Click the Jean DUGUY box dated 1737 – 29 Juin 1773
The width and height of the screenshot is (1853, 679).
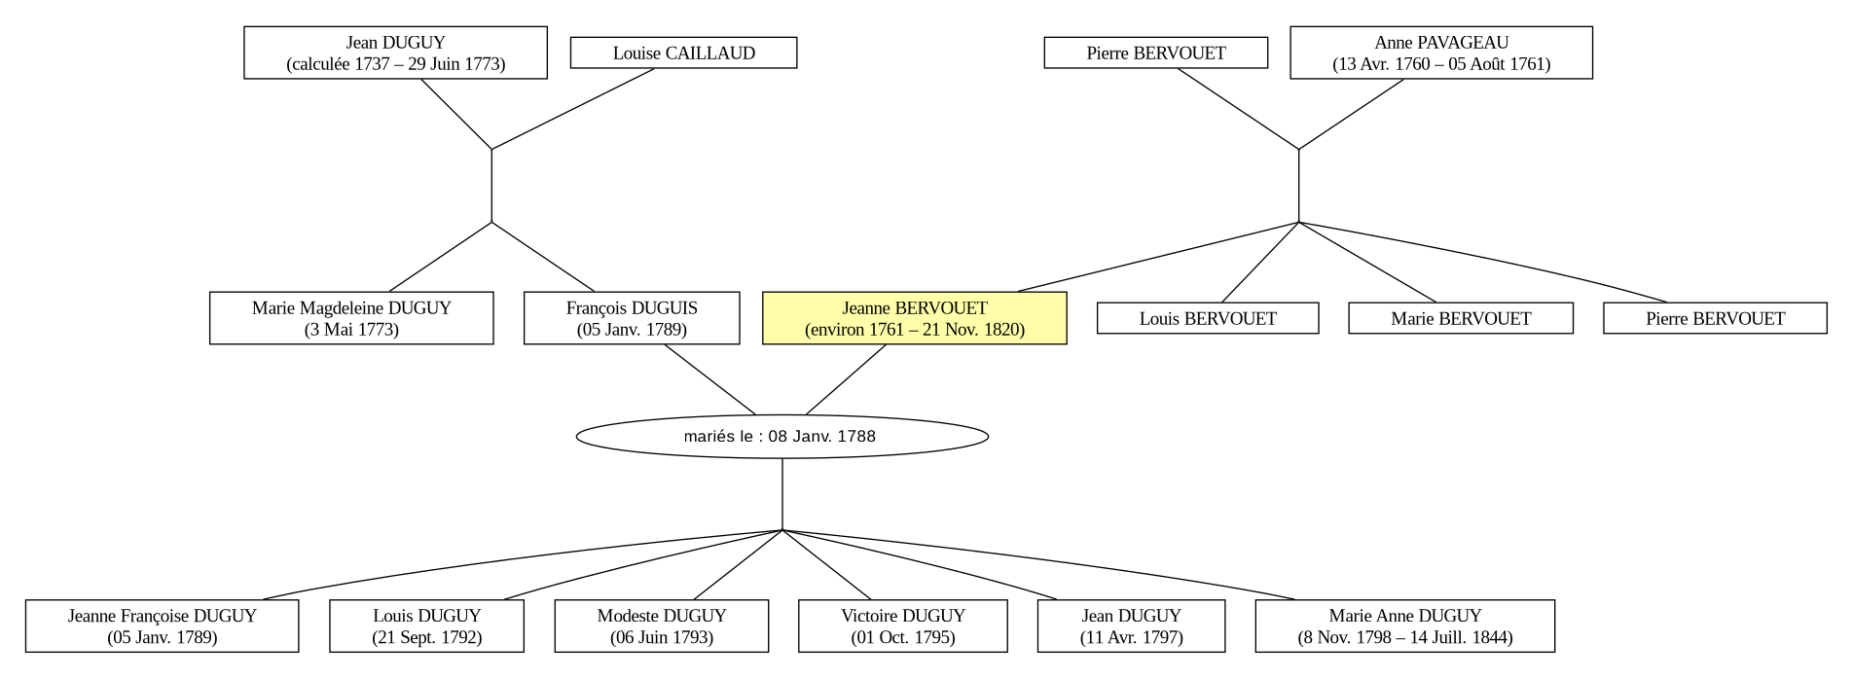(x=395, y=53)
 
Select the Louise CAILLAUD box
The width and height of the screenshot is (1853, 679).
(x=683, y=53)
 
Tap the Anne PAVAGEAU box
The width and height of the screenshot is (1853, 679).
(x=1441, y=53)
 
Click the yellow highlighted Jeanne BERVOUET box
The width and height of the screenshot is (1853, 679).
(x=915, y=318)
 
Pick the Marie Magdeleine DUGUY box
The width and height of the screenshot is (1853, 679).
(x=351, y=318)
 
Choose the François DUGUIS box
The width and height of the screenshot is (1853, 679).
(x=632, y=318)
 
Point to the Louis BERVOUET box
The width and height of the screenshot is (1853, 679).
(x=1208, y=318)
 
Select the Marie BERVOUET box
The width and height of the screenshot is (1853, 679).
(x=1461, y=318)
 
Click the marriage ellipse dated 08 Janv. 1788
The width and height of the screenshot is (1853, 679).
(x=782, y=436)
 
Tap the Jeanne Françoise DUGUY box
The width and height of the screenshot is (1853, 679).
(x=162, y=626)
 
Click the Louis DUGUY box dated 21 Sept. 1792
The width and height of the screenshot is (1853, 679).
(x=426, y=626)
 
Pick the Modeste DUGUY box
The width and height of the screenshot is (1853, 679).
(x=662, y=626)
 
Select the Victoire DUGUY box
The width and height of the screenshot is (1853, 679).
(x=903, y=626)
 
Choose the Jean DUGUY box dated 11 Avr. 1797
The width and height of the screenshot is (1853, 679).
(x=1131, y=626)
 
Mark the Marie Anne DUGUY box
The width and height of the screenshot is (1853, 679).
(x=1405, y=626)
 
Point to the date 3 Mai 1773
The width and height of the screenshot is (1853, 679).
(x=351, y=330)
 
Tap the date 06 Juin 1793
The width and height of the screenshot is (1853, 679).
(x=662, y=638)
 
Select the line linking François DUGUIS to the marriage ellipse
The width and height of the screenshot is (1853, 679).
(x=709, y=380)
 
